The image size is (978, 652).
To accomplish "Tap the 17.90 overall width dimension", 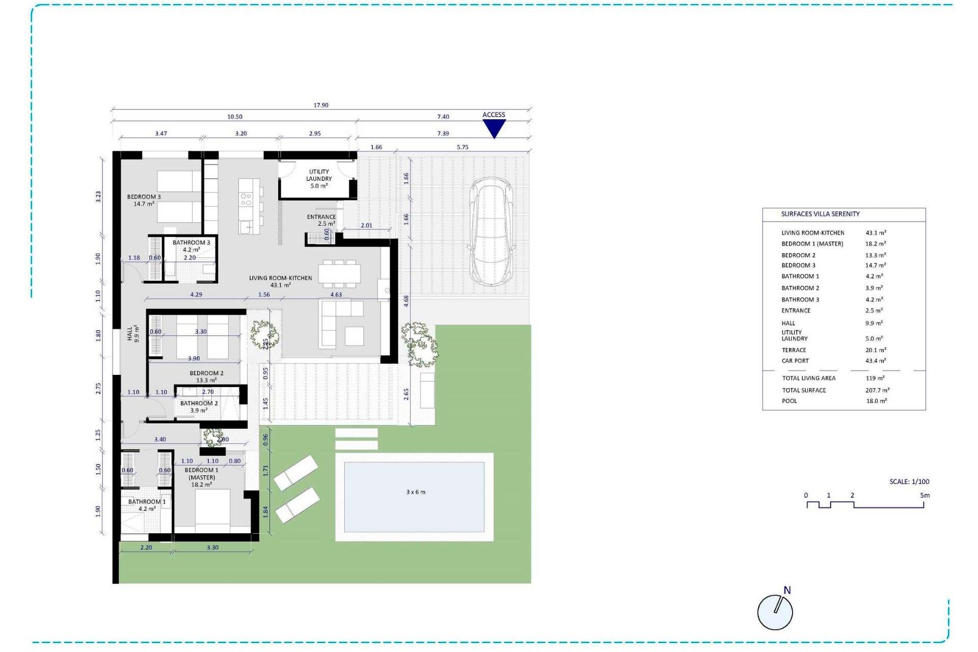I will pyautogui.click(x=321, y=105).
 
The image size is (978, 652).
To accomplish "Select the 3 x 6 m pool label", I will pyautogui.click(x=416, y=492).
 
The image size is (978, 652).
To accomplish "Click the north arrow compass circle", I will pyautogui.click(x=775, y=612).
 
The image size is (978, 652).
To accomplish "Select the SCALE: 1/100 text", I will pyautogui.click(x=909, y=481).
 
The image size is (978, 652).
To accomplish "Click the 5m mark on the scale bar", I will pyautogui.click(x=925, y=495).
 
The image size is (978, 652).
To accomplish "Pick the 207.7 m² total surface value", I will pyautogui.click(x=877, y=390).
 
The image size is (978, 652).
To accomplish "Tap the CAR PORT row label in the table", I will pyautogui.click(x=795, y=361).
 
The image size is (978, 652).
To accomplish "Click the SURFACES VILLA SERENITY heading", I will pyautogui.click(x=820, y=214).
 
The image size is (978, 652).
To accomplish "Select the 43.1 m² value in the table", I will pyautogui.click(x=876, y=233).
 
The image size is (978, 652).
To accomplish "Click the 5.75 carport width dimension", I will pyautogui.click(x=462, y=147).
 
